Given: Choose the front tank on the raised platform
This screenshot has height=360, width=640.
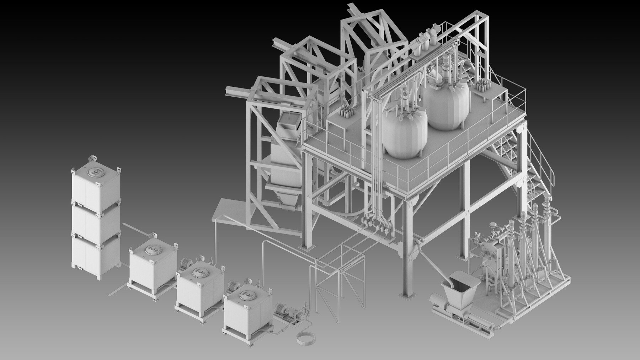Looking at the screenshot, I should (405, 133).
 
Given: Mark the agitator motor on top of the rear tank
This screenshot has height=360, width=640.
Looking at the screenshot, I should (445, 62).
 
